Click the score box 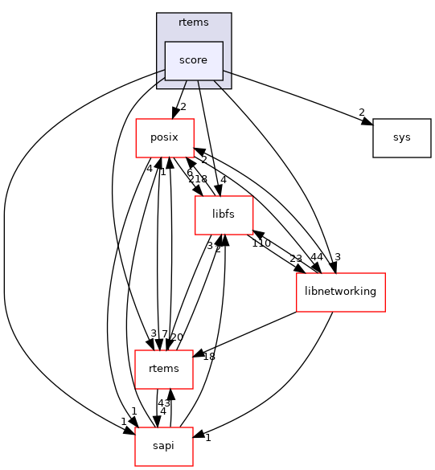click(x=194, y=60)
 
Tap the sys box click(x=401, y=137)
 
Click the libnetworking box click(x=341, y=292)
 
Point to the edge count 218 click(x=198, y=179)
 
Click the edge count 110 click(x=261, y=243)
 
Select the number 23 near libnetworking click(x=296, y=259)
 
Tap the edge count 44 click(x=317, y=256)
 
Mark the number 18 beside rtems click(x=209, y=356)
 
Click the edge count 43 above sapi click(x=163, y=402)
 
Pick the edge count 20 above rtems click(x=176, y=336)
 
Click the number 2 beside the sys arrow click(x=361, y=112)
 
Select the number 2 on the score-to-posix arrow click(x=183, y=107)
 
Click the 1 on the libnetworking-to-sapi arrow click(x=207, y=437)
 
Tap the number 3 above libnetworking click(x=338, y=256)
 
